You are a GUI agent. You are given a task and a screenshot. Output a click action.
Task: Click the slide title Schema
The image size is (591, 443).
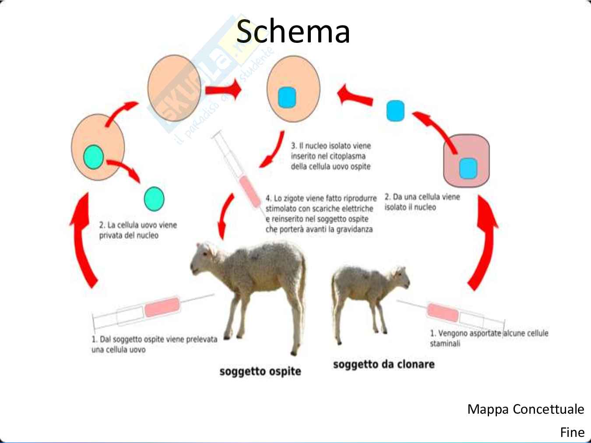(x=293, y=31)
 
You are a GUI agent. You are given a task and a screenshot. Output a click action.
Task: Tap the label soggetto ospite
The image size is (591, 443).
(x=260, y=371)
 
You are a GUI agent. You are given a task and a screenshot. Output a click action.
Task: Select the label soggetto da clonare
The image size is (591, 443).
(x=383, y=364)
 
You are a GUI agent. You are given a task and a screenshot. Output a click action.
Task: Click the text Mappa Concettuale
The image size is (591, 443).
(x=525, y=409)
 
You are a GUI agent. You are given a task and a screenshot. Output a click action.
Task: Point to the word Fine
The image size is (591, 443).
(x=572, y=433)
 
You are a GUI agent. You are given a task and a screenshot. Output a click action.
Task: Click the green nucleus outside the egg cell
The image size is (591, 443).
(x=154, y=199)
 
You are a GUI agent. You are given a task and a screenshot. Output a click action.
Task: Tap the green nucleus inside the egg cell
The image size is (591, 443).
(x=93, y=157)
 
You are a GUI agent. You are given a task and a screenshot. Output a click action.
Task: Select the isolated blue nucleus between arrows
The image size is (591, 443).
(x=395, y=111)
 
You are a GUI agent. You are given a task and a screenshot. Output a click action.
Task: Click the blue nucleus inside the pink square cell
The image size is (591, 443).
(x=468, y=168)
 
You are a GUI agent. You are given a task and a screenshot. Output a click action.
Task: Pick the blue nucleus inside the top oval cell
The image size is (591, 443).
(x=287, y=98)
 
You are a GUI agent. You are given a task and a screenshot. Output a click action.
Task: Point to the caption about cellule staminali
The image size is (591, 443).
(x=489, y=338)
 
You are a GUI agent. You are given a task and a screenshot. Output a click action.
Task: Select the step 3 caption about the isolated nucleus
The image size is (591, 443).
(x=331, y=156)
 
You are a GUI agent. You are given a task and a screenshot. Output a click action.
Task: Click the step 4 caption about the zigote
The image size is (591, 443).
(x=320, y=214)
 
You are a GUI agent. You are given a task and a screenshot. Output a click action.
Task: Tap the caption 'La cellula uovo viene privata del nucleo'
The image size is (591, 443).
(x=138, y=230)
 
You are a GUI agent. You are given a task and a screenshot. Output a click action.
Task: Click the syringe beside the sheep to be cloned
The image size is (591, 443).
(x=451, y=314)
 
